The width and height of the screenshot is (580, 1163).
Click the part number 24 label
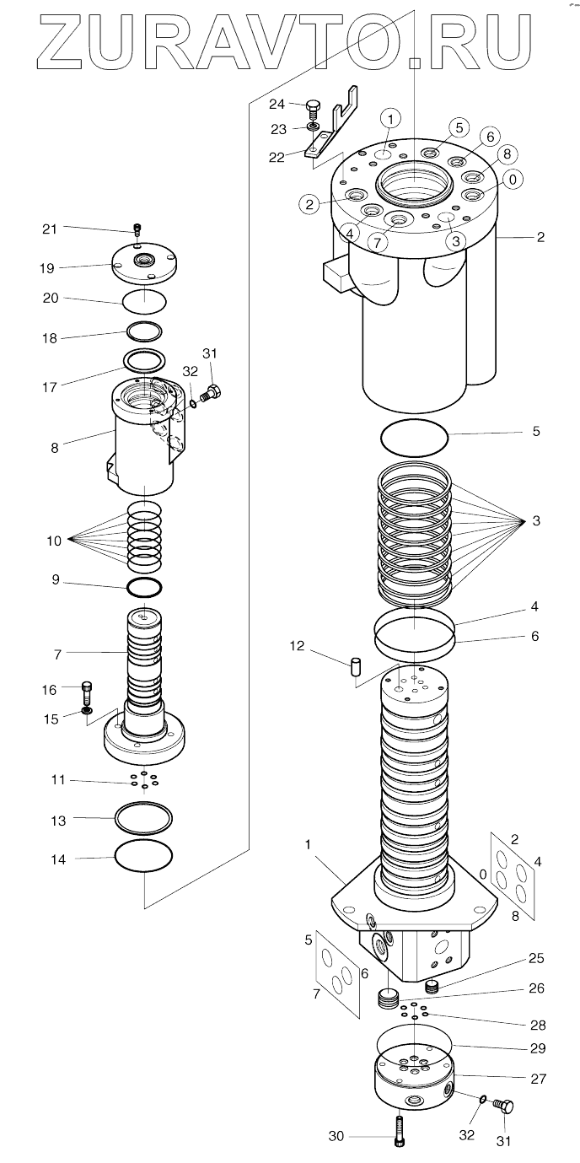pyautogui.click(x=277, y=104)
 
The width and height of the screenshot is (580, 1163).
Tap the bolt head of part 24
pyautogui.click(x=313, y=106)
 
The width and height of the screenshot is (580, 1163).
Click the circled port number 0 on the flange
pyautogui.click(x=512, y=179)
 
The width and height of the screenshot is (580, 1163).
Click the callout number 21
pyautogui.click(x=49, y=228)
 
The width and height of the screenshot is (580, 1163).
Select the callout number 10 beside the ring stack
pyautogui.click(x=55, y=541)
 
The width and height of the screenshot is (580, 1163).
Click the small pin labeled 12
pyautogui.click(x=356, y=666)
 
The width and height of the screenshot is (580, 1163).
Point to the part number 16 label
pyautogui.click(x=49, y=690)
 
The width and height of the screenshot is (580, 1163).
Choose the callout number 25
pyautogui.click(x=536, y=959)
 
